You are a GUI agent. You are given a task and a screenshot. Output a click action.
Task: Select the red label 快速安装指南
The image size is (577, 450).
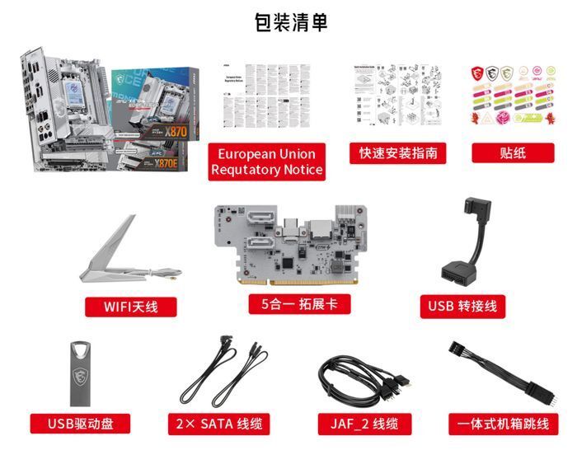pos(397,153)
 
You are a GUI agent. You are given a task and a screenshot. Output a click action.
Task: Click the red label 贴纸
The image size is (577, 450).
pos(511,153)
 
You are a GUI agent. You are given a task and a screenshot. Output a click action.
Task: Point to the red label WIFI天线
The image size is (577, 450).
pos(130,307)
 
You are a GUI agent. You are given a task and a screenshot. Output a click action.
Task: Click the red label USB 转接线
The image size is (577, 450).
pos(462,307)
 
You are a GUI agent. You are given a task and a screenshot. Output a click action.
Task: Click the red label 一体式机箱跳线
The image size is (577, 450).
pos(503,424)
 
